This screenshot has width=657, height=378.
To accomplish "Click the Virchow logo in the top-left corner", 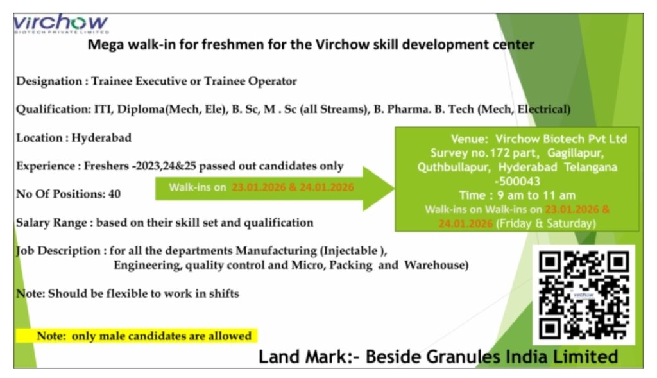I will point(61,24).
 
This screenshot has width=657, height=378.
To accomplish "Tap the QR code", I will point(583,295).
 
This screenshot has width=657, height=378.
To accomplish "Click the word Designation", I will point(48,82).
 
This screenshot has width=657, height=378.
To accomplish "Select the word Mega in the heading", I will point(103,46).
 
